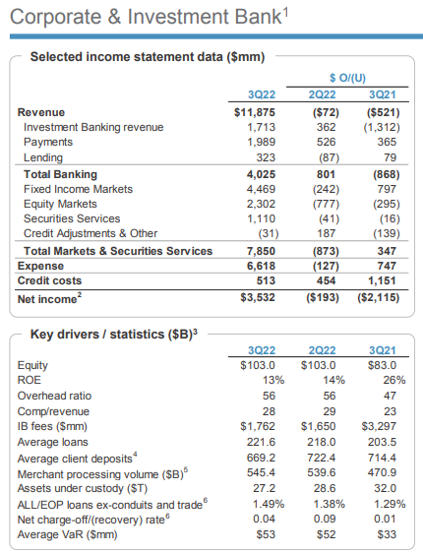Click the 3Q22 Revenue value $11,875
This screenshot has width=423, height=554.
coord(255,112)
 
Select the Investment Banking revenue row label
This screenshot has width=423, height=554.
coord(93,127)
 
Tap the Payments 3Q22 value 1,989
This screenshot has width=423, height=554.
coord(261,142)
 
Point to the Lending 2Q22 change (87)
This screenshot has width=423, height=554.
coord(330,157)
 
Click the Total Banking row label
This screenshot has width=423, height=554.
coord(60,174)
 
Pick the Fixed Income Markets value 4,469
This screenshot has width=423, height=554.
coord(261,189)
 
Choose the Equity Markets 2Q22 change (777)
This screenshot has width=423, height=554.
coord(326,205)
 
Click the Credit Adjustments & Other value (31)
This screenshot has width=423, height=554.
coord(269,233)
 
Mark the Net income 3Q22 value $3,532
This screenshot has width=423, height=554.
coord(258,297)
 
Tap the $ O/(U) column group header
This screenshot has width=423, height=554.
coord(347,78)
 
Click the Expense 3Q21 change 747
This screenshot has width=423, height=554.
coord(387,266)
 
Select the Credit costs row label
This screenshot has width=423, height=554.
coord(50,280)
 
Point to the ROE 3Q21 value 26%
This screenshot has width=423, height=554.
coord(394,380)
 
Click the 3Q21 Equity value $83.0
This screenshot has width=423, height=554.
coord(382,365)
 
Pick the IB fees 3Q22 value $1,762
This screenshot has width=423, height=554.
coord(258,426)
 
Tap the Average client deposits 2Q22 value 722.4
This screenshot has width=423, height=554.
coord(322,458)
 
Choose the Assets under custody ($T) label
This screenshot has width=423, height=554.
coord(83,489)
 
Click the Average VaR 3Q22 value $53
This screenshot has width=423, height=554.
coord(266,534)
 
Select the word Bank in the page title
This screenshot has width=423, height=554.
coord(258,17)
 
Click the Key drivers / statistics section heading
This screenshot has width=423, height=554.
coord(114,335)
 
